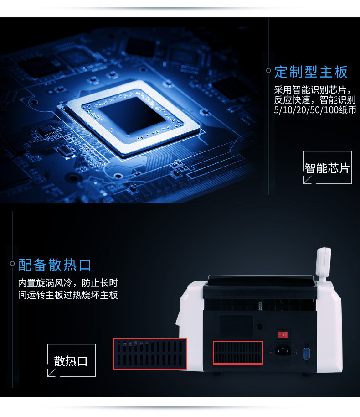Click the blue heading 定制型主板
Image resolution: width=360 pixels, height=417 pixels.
coord(311,72)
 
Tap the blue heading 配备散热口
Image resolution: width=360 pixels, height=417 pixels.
coord(55,265)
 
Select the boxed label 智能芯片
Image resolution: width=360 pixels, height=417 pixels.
coord(327,168)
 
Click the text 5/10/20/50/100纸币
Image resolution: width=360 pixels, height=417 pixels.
coord(315,110)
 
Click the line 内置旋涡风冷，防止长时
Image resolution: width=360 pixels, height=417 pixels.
coord(68,283)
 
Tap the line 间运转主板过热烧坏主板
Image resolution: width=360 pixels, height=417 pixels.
coord(68,295)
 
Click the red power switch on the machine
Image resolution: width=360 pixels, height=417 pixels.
coord(283,334)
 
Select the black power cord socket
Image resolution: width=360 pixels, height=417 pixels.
coord(282,350)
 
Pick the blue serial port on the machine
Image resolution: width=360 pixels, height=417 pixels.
coord(307,353)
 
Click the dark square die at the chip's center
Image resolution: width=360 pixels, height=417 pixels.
coord(132,115)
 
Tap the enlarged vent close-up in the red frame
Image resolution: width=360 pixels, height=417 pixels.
coord(150,354)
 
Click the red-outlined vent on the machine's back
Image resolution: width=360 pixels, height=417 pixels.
coord(238,353)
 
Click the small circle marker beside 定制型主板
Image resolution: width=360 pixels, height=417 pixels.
coord(268,70)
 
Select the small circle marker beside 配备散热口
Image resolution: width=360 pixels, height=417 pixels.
coord(12,263)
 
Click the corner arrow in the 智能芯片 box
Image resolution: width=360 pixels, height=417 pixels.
coord(308,180)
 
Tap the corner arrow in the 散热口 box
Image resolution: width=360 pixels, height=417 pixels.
coord(51,373)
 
